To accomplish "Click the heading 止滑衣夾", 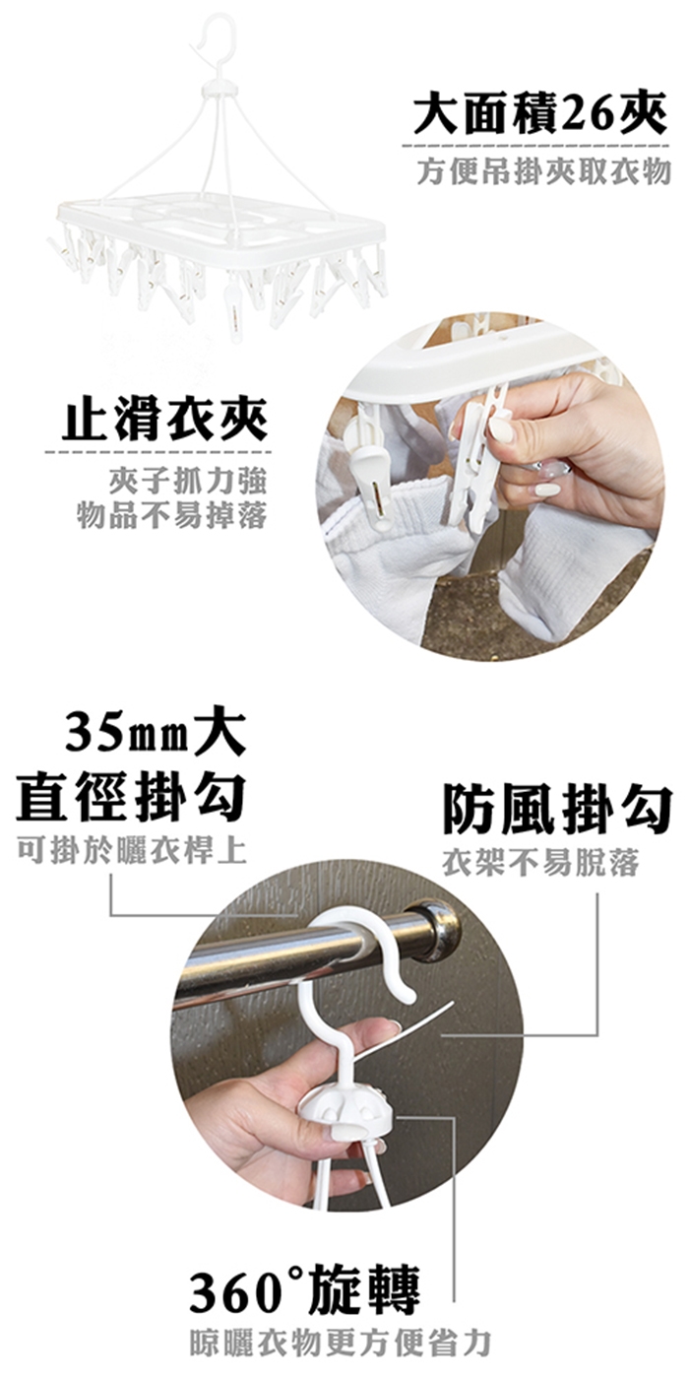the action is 164,422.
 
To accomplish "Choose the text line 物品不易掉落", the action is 171,515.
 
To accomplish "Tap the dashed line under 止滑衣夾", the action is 158,454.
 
